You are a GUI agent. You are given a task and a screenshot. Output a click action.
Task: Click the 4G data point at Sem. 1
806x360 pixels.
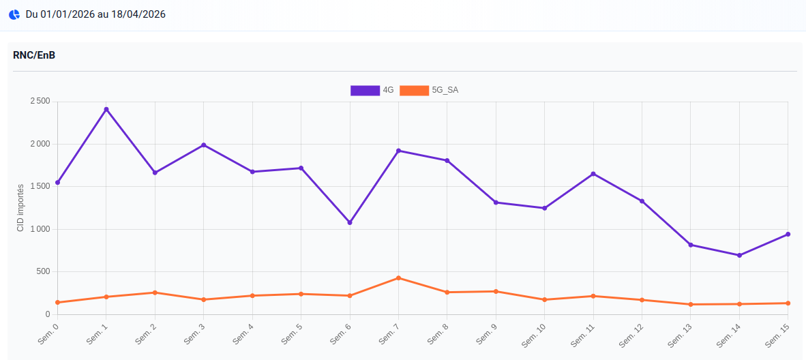coord(106,109)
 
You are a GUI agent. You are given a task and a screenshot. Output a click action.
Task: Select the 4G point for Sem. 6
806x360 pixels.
coord(350,222)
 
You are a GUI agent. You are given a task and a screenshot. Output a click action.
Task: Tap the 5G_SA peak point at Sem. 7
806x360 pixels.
coord(398,278)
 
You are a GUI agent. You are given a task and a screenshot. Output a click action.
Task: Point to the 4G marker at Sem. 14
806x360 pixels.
coord(739,255)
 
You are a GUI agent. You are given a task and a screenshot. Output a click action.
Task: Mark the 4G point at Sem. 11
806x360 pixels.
coord(593,174)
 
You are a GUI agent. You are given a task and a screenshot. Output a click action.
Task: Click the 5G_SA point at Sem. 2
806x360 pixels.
coord(155,292)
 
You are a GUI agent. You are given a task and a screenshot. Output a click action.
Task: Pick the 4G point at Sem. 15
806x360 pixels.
coord(788,234)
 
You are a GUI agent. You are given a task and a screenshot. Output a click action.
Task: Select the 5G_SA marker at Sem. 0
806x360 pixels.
coord(58,302)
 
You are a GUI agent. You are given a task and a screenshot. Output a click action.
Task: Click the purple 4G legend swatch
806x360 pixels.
coord(365,90)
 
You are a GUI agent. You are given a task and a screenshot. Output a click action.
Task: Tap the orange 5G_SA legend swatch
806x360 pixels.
coord(414,90)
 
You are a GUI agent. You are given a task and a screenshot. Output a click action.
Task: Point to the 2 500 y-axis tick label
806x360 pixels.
coord(40,102)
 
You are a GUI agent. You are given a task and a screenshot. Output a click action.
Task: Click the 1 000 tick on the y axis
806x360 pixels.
coord(40,229)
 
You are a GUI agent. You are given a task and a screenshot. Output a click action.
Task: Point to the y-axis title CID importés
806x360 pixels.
coord(20,208)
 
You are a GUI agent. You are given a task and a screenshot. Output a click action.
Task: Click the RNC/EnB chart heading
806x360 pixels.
coord(34,55)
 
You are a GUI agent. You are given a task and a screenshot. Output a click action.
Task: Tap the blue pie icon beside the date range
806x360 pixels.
coord(14,14)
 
